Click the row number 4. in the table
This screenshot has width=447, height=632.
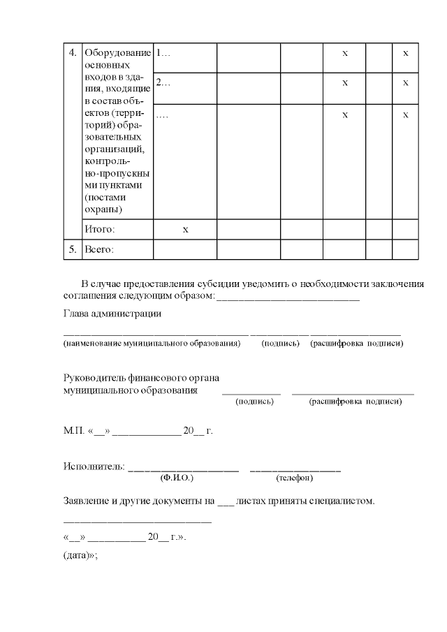pyautogui.click(x=72, y=52)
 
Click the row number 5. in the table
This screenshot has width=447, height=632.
pyautogui.click(x=72, y=249)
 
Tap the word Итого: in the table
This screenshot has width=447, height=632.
pyautogui.click(x=99, y=229)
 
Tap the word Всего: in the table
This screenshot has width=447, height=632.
pyautogui.click(x=98, y=249)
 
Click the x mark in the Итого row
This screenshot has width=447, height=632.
pyautogui.click(x=185, y=229)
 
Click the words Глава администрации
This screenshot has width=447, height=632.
pyautogui.click(x=112, y=314)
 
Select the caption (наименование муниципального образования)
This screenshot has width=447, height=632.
pyautogui.click(x=152, y=344)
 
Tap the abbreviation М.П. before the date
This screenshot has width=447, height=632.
pyautogui.click(x=73, y=431)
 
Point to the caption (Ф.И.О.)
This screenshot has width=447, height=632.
pyautogui.click(x=176, y=478)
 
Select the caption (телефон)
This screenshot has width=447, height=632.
pyautogui.click(x=295, y=478)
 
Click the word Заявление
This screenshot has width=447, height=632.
pyautogui.click(x=85, y=501)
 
